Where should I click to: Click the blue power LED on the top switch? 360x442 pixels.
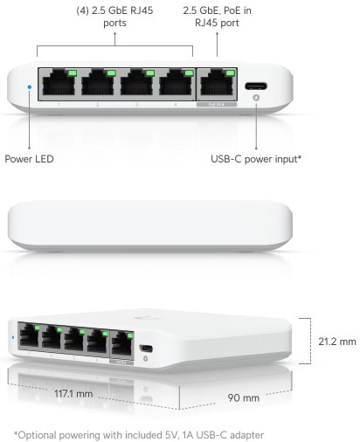pos(29,86)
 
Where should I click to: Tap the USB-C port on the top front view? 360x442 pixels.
pos(256,86)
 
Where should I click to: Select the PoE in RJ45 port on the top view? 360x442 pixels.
pos(218,82)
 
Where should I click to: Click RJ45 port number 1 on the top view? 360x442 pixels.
pos(59,82)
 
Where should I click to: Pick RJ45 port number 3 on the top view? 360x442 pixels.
pos(137,82)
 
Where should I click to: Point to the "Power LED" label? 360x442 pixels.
pos(29,159)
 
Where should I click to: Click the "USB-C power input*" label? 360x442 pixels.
pos(256,159)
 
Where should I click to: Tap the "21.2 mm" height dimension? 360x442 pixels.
pos(337,342)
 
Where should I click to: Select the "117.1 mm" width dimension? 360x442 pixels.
pos(73,394)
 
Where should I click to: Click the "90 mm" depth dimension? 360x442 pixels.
pos(244,397)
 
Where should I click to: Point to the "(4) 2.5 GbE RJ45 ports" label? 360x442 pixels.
pos(114,17)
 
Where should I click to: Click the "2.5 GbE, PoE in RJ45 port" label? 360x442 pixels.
pos(217,17)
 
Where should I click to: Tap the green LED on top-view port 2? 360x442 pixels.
pos(111,73)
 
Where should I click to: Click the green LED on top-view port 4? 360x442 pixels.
pos(189,73)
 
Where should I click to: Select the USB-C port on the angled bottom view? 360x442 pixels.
pos(146,349)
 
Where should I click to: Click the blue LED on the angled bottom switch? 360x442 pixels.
pos(13,337)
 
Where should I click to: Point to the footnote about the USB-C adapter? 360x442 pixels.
pos(139,435)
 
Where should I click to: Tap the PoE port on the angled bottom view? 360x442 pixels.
pos(121,345)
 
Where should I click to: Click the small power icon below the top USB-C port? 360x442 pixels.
pos(256,98)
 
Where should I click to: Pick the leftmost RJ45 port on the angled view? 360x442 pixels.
pos(29,335)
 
